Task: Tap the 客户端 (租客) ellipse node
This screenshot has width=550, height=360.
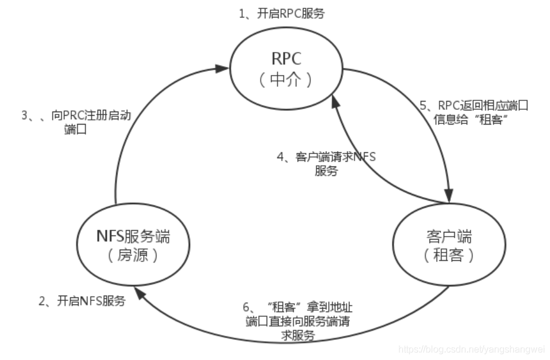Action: pyautogui.click(x=448, y=246)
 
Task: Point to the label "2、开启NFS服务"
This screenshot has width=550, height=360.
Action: pyautogui.click(x=83, y=301)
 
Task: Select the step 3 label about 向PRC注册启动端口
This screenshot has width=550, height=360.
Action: pyautogui.click(x=76, y=123)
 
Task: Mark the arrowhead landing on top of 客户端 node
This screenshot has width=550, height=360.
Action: pyautogui.click(x=450, y=196)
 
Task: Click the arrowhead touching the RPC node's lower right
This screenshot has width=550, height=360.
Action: pyautogui.click(x=335, y=102)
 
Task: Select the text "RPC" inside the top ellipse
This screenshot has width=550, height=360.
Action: pyautogui.click(x=286, y=59)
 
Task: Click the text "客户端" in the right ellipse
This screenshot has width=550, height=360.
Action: pyautogui.click(x=448, y=236)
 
